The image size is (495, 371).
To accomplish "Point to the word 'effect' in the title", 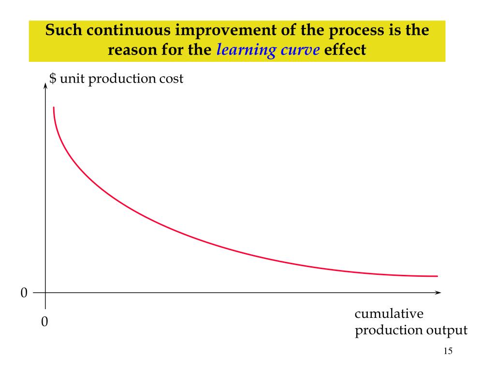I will [346, 50].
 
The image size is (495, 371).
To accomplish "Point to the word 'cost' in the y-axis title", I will [170, 78].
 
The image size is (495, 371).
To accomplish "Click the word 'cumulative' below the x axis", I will [389, 314].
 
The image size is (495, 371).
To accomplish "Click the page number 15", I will [448, 351].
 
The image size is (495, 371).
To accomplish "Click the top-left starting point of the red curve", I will [54, 108].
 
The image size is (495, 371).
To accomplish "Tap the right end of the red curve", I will [437, 276].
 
